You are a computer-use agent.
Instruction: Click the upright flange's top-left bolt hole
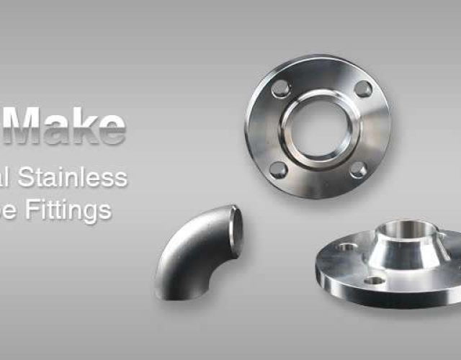pyautogui.click(x=280, y=89)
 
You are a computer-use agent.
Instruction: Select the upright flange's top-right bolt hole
pyautogui.click(x=364, y=89)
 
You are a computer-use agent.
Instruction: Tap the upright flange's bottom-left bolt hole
pyautogui.click(x=277, y=170)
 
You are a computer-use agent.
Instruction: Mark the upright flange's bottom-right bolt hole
pyautogui.click(x=358, y=170)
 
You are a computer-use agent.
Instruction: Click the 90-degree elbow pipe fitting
pyautogui.click(x=194, y=252)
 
